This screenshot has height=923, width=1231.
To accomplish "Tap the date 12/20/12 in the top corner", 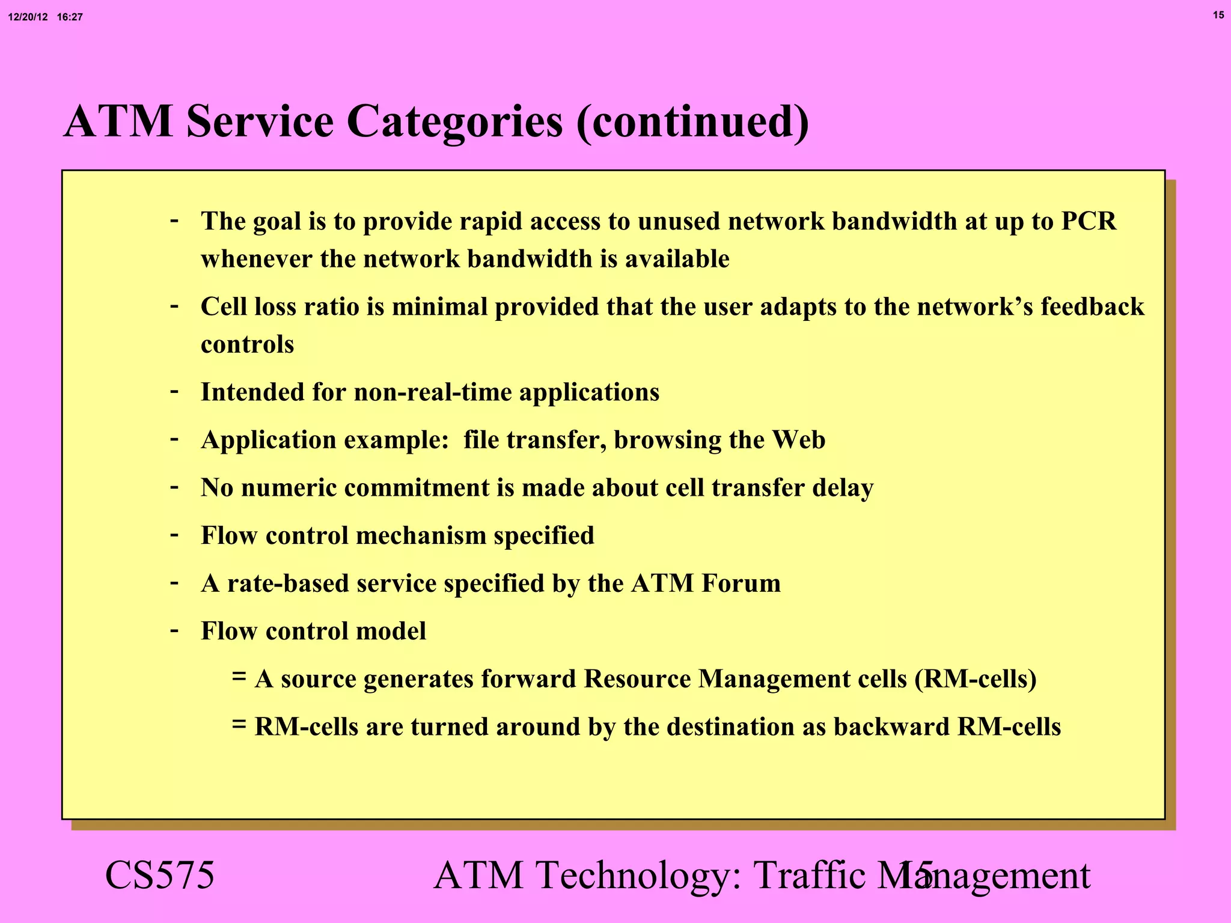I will click(28, 17).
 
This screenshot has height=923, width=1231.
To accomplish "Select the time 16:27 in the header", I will click(70, 17).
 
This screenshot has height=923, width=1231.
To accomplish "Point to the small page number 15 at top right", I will click(1218, 15).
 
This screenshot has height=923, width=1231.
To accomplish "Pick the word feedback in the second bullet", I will click(1092, 307).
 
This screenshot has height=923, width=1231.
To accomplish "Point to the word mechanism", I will click(421, 536).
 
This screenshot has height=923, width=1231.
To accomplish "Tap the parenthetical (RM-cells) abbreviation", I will click(976, 680).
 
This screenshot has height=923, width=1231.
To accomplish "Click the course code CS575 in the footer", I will click(159, 876).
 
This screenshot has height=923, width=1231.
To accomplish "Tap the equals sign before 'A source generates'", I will click(239, 677).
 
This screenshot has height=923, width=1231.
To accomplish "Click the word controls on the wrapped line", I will click(247, 345).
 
